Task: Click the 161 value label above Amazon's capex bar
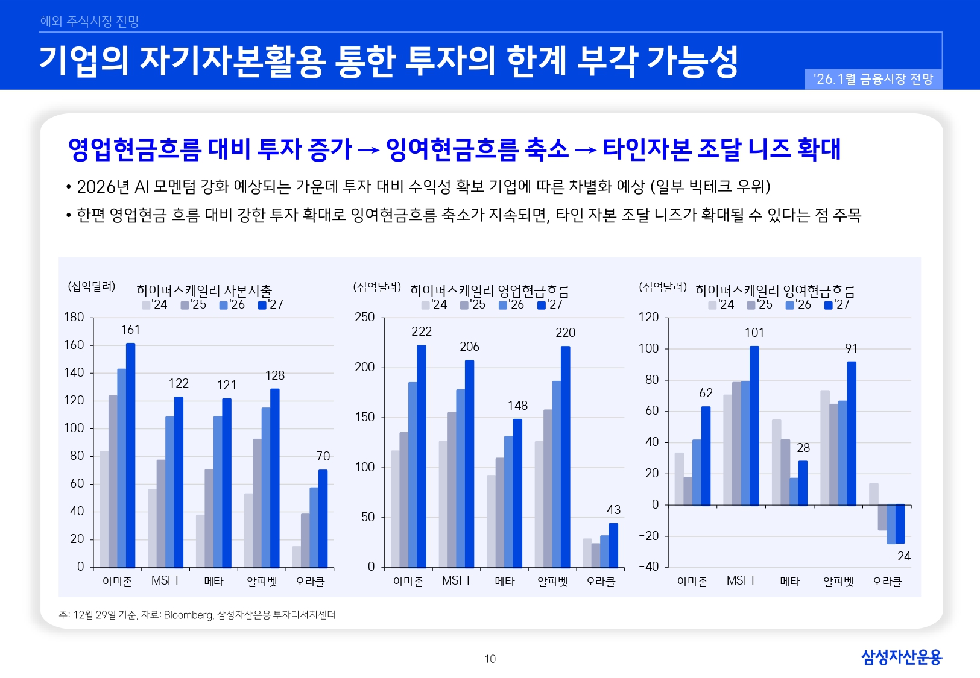point(130,330)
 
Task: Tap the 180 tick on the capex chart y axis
point(74,317)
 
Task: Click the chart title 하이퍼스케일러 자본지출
point(204,290)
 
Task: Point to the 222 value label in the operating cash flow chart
point(422,331)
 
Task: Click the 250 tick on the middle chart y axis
point(365,317)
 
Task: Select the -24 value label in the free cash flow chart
point(900,556)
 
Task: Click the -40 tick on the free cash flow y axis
point(649,567)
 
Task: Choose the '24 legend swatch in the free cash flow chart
point(712,305)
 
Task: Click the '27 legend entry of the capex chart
point(271,305)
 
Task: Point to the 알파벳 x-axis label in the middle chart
point(552,582)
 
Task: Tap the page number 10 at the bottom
point(490,659)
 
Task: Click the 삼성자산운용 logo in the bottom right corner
point(901,657)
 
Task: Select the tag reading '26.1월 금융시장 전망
point(873,79)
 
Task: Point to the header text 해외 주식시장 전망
point(90,21)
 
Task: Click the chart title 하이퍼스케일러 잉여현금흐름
point(775,290)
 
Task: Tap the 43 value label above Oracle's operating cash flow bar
point(613,510)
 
